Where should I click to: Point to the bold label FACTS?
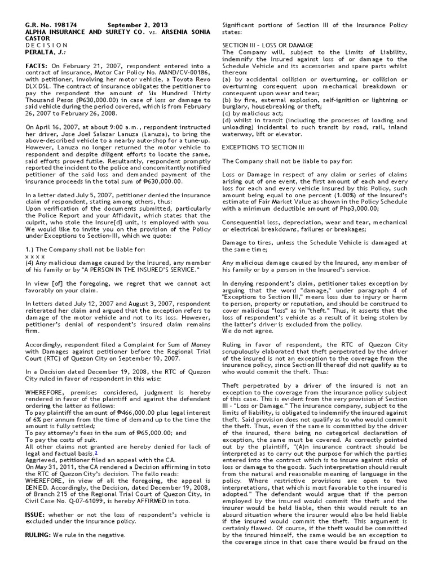[37, 66]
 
